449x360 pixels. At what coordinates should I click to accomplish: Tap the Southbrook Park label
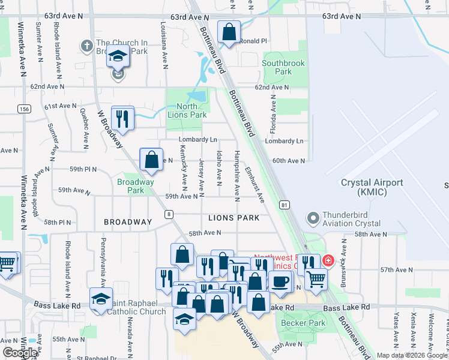pos(284,67)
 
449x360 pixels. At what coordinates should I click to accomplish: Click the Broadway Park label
pos(136,186)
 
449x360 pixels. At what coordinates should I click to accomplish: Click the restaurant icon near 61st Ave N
pos(122,118)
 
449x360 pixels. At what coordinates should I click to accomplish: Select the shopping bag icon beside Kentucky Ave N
pos(152,160)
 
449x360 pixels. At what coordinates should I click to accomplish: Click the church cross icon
pos(87,44)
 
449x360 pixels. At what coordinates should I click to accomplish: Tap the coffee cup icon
pos(279,282)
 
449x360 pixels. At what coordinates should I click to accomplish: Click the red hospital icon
pos(328,260)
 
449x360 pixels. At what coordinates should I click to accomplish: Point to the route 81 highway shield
pos(285,205)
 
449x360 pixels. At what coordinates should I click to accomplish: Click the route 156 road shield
pos(24,109)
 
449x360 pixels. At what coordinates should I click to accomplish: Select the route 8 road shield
pos(169,214)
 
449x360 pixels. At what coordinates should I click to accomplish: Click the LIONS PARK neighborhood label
pos(234,218)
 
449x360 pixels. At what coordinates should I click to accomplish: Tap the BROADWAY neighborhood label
pos(128,222)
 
